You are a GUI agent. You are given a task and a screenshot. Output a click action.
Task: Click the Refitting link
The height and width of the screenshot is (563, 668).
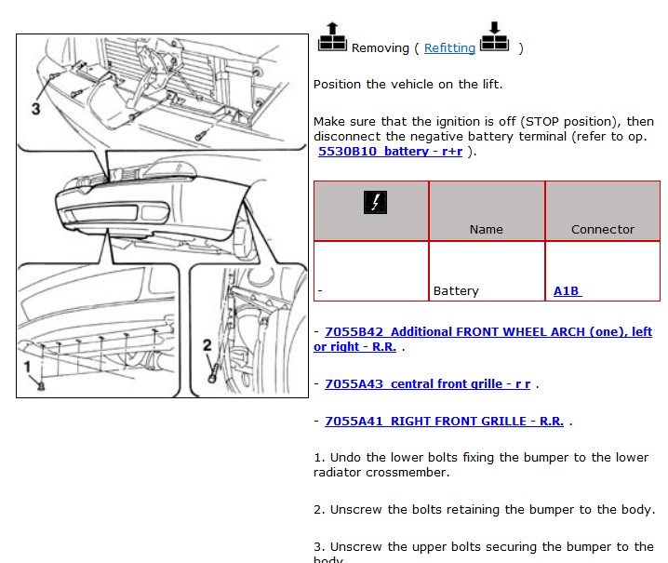click(x=449, y=48)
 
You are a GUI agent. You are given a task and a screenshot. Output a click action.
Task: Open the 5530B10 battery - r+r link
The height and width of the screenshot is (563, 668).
click(x=390, y=152)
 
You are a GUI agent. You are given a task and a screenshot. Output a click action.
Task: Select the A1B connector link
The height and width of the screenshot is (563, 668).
click(x=567, y=291)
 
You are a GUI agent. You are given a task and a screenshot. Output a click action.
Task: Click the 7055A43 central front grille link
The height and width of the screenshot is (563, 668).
click(x=427, y=384)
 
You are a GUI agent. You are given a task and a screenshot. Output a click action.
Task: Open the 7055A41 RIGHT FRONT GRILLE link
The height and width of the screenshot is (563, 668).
click(x=444, y=421)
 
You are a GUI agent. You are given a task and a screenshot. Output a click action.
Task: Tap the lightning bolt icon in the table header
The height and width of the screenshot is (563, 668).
click(x=375, y=203)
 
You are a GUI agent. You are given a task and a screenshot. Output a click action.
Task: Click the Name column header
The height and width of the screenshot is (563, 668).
click(x=486, y=229)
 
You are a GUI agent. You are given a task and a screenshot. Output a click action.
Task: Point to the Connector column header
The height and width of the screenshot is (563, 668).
click(x=602, y=229)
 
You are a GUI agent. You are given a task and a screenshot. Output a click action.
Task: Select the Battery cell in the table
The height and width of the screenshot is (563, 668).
click(x=456, y=291)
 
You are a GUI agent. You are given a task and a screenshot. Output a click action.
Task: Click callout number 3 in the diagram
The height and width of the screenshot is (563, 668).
click(x=36, y=109)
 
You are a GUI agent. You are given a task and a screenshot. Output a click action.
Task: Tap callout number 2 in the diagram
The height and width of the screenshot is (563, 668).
click(x=207, y=345)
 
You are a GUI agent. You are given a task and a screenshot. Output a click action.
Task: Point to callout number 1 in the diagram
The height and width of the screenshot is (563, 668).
click(x=27, y=367)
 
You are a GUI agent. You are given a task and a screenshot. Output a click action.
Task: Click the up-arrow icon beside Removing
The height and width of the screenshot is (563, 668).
click(x=332, y=37)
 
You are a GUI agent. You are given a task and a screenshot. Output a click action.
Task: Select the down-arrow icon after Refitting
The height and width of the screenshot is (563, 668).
click(x=494, y=36)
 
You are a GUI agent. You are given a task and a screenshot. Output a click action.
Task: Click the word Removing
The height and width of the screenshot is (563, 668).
click(x=380, y=48)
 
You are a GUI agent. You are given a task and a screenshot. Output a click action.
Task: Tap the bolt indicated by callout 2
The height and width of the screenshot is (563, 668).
click(x=212, y=375)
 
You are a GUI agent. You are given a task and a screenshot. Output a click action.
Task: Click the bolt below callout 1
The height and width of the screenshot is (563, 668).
click(x=41, y=386)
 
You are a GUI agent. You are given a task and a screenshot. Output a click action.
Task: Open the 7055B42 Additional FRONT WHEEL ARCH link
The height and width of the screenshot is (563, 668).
click(x=483, y=340)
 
